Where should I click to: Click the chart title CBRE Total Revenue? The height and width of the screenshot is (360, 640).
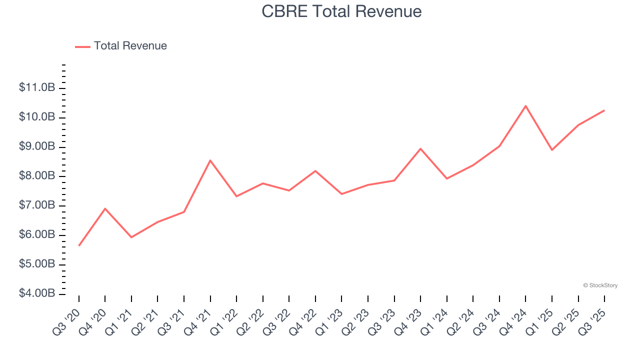click(x=341, y=11)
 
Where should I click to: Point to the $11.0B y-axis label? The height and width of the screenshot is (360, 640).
click(x=37, y=88)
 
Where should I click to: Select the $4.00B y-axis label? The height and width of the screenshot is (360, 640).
click(x=37, y=293)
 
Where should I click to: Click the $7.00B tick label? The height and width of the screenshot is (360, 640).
click(x=37, y=205)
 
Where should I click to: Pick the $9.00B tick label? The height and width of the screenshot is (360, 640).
click(x=37, y=147)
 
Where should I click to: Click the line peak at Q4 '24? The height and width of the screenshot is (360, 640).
click(x=525, y=106)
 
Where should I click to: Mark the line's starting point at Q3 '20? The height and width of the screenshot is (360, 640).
click(x=79, y=245)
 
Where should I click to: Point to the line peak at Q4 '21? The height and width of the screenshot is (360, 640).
click(x=210, y=160)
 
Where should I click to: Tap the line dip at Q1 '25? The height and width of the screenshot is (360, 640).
click(x=552, y=150)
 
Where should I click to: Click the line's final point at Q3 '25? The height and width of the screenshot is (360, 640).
click(x=604, y=110)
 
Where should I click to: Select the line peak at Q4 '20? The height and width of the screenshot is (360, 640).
click(x=105, y=208)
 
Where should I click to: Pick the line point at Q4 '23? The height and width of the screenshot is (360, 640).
click(x=420, y=148)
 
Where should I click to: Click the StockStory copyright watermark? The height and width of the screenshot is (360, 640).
click(x=600, y=285)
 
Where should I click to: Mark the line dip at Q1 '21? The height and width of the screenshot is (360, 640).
click(x=131, y=237)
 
